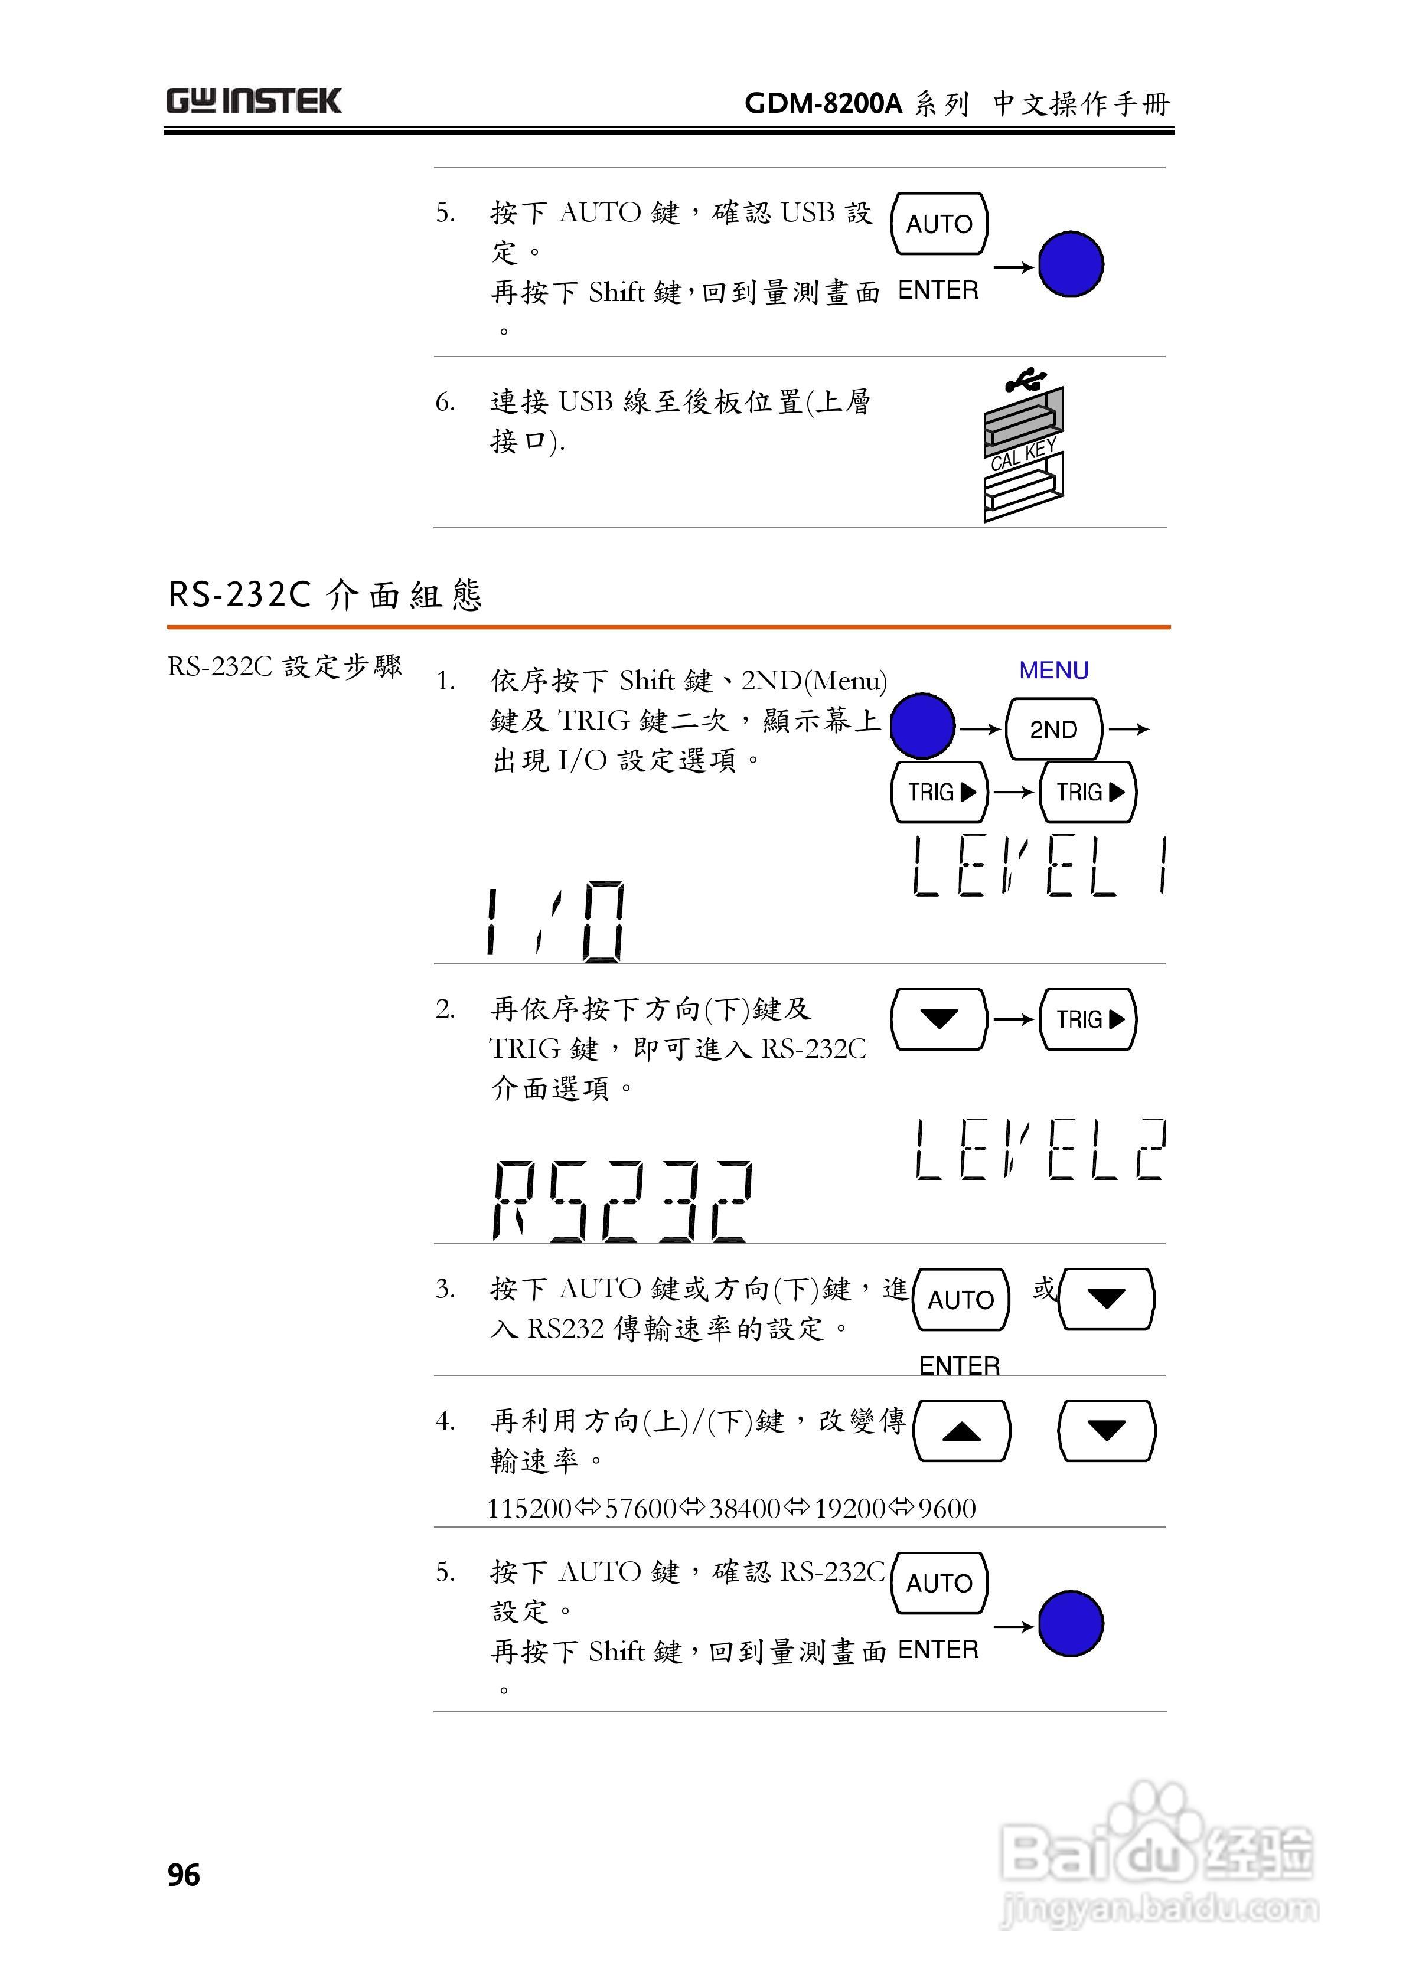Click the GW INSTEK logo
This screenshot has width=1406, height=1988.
coord(254,102)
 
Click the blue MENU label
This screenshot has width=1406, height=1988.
coord(1053,670)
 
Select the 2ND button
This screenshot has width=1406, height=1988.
coord(1053,729)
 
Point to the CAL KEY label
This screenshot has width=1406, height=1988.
coord(1023,455)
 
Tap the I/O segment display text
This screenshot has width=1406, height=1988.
coord(554,922)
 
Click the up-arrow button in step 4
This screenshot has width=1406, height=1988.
coord(961,1431)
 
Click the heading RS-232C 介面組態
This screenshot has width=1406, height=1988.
coord(325,595)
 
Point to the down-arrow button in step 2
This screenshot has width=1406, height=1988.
coord(939,1019)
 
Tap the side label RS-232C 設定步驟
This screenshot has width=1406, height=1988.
coord(284,667)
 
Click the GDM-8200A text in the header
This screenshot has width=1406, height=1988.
coord(823,104)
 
